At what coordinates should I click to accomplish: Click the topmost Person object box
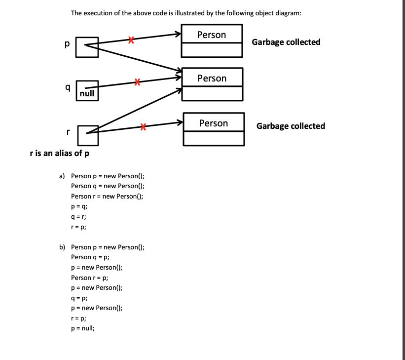tap(212, 41)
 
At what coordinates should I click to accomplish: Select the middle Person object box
tap(212, 84)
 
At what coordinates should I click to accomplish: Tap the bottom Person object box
tap(214, 129)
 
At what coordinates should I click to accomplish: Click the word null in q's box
tap(87, 93)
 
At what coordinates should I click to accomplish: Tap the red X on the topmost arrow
tap(130, 40)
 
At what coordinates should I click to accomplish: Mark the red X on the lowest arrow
tap(143, 127)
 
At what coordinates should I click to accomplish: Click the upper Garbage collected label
tap(286, 42)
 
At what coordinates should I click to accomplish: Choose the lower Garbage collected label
tap(291, 126)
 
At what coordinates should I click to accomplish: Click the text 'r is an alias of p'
tap(60, 153)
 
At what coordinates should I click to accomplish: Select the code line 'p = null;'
tap(83, 328)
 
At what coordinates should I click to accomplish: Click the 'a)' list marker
tap(62, 176)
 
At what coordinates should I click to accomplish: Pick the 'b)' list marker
tap(62, 247)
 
